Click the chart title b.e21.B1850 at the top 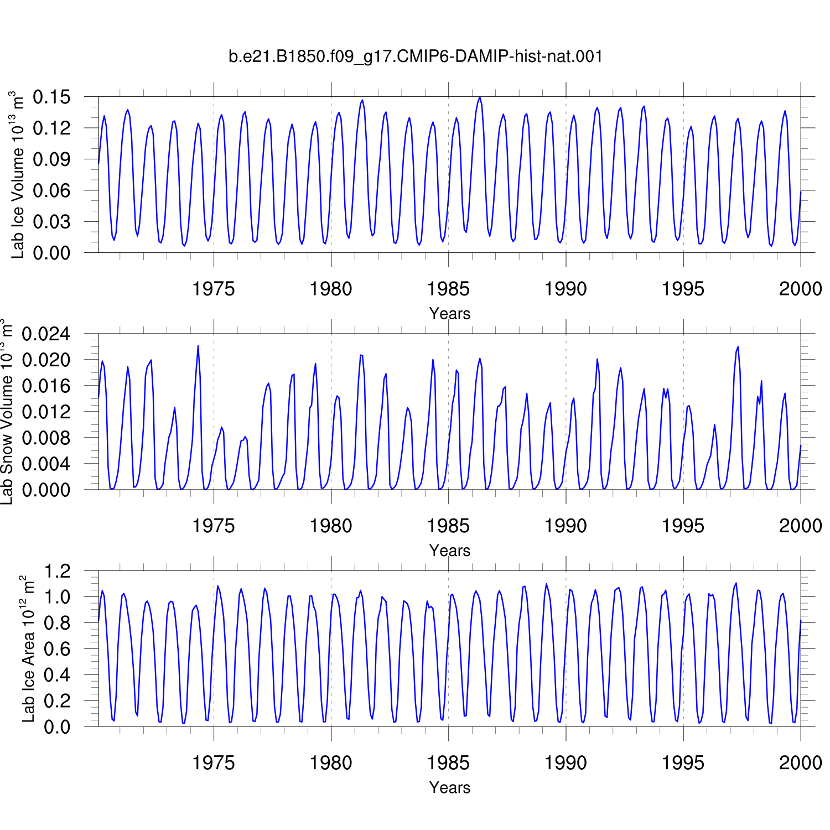click(416, 56)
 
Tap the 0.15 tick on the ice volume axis click(52, 97)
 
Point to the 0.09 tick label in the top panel click(52, 159)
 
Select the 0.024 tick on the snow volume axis click(46, 334)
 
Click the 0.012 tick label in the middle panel click(46, 412)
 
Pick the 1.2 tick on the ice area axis click(58, 570)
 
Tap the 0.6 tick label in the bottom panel click(58, 649)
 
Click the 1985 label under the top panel click(448, 289)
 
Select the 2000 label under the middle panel click(801, 526)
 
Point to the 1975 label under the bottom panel click(214, 763)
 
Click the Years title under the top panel click(450, 314)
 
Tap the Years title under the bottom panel click(450, 787)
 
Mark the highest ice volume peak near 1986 click(480, 97)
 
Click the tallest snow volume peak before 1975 click(198, 346)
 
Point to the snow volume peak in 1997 click(738, 347)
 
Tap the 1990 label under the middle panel click(566, 526)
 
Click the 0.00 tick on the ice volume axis click(52, 253)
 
